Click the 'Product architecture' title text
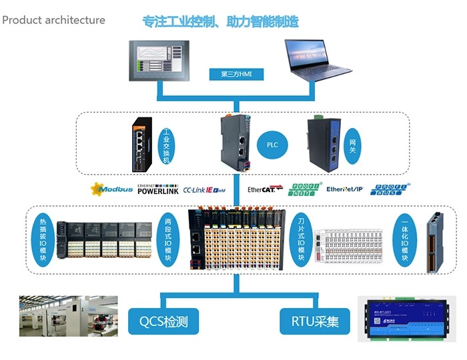coord(53,20)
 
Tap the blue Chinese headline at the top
coord(221,21)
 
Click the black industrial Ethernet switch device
coord(142,142)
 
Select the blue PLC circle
coord(272,144)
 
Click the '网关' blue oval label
coord(352,143)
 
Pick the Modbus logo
coord(111,189)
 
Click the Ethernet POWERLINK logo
coord(157,189)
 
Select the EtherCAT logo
coord(265,189)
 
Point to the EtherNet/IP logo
coord(344,189)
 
